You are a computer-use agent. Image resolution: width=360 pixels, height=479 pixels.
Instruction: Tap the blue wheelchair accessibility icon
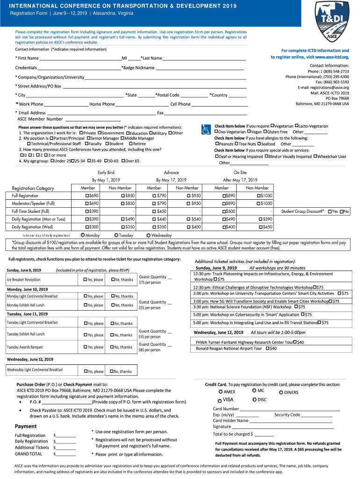coord(205,130)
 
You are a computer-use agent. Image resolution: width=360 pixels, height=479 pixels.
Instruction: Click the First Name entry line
coord(80,58)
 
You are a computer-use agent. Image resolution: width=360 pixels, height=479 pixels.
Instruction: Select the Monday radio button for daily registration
coord(83,235)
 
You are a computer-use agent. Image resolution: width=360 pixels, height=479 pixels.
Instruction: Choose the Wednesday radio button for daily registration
coord(149,235)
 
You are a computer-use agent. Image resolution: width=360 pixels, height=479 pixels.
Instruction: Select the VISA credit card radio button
coord(220,400)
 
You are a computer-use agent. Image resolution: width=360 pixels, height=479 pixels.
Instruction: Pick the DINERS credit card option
coord(281,392)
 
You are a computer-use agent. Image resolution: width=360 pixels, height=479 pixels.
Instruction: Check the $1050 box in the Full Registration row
coord(259,196)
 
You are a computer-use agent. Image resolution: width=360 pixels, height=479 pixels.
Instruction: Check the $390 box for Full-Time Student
coord(87,211)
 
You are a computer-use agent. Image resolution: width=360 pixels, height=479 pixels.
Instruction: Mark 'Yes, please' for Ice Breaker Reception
coord(85,280)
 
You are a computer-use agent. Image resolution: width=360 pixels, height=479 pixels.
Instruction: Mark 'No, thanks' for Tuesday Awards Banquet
coord(112,347)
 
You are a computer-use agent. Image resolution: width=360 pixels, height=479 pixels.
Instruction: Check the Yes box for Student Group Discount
coord(330,211)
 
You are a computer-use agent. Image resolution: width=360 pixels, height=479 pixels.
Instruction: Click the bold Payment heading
coord(25,426)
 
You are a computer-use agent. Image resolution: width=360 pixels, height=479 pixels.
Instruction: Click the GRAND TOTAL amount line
coord(66,454)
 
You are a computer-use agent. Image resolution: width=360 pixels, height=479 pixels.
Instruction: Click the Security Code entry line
coord(317,415)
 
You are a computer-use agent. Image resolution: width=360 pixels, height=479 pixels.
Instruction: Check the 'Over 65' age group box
coord(122,161)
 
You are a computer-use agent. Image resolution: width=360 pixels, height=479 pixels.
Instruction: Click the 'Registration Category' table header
coord(33,188)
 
